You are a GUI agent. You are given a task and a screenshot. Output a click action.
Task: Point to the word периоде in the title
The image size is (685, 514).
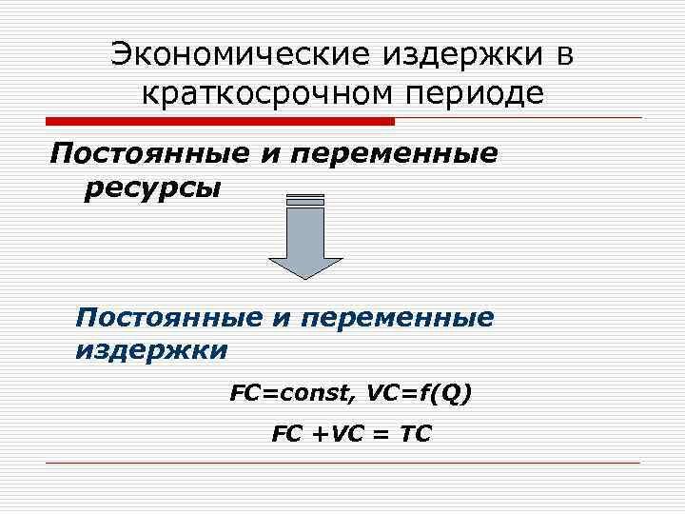point(482,93)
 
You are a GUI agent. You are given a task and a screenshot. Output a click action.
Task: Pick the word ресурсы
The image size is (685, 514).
point(152,188)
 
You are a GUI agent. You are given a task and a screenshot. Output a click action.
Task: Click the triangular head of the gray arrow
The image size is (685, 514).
point(304,267)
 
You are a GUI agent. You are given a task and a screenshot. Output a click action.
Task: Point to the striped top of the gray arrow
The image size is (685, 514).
point(304,200)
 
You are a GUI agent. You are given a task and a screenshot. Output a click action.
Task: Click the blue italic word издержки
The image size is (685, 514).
point(151,350)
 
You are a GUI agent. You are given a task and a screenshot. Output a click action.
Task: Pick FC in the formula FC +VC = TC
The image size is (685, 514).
point(285,434)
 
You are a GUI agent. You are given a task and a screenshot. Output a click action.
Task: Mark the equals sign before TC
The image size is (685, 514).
point(381,434)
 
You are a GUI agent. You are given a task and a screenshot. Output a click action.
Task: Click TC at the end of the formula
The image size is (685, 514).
point(416,434)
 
